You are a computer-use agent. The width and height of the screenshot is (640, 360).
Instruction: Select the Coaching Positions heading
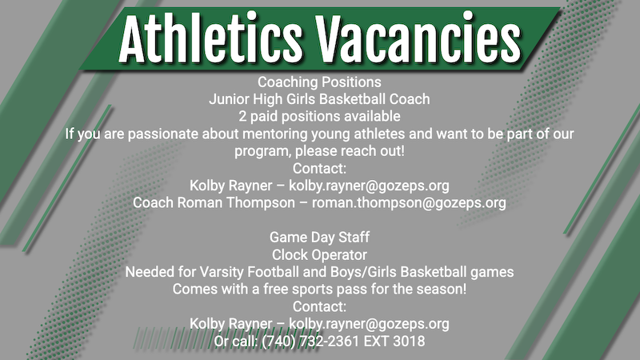click(319, 82)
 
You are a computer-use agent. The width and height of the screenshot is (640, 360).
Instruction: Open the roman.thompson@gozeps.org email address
click(409, 202)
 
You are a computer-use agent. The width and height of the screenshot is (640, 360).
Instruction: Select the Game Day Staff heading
click(319, 238)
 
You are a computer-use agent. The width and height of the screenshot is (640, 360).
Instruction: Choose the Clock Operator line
click(319, 254)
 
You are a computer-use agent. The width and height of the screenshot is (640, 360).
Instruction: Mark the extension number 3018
click(408, 341)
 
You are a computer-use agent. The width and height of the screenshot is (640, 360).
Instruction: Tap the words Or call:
click(237, 341)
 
